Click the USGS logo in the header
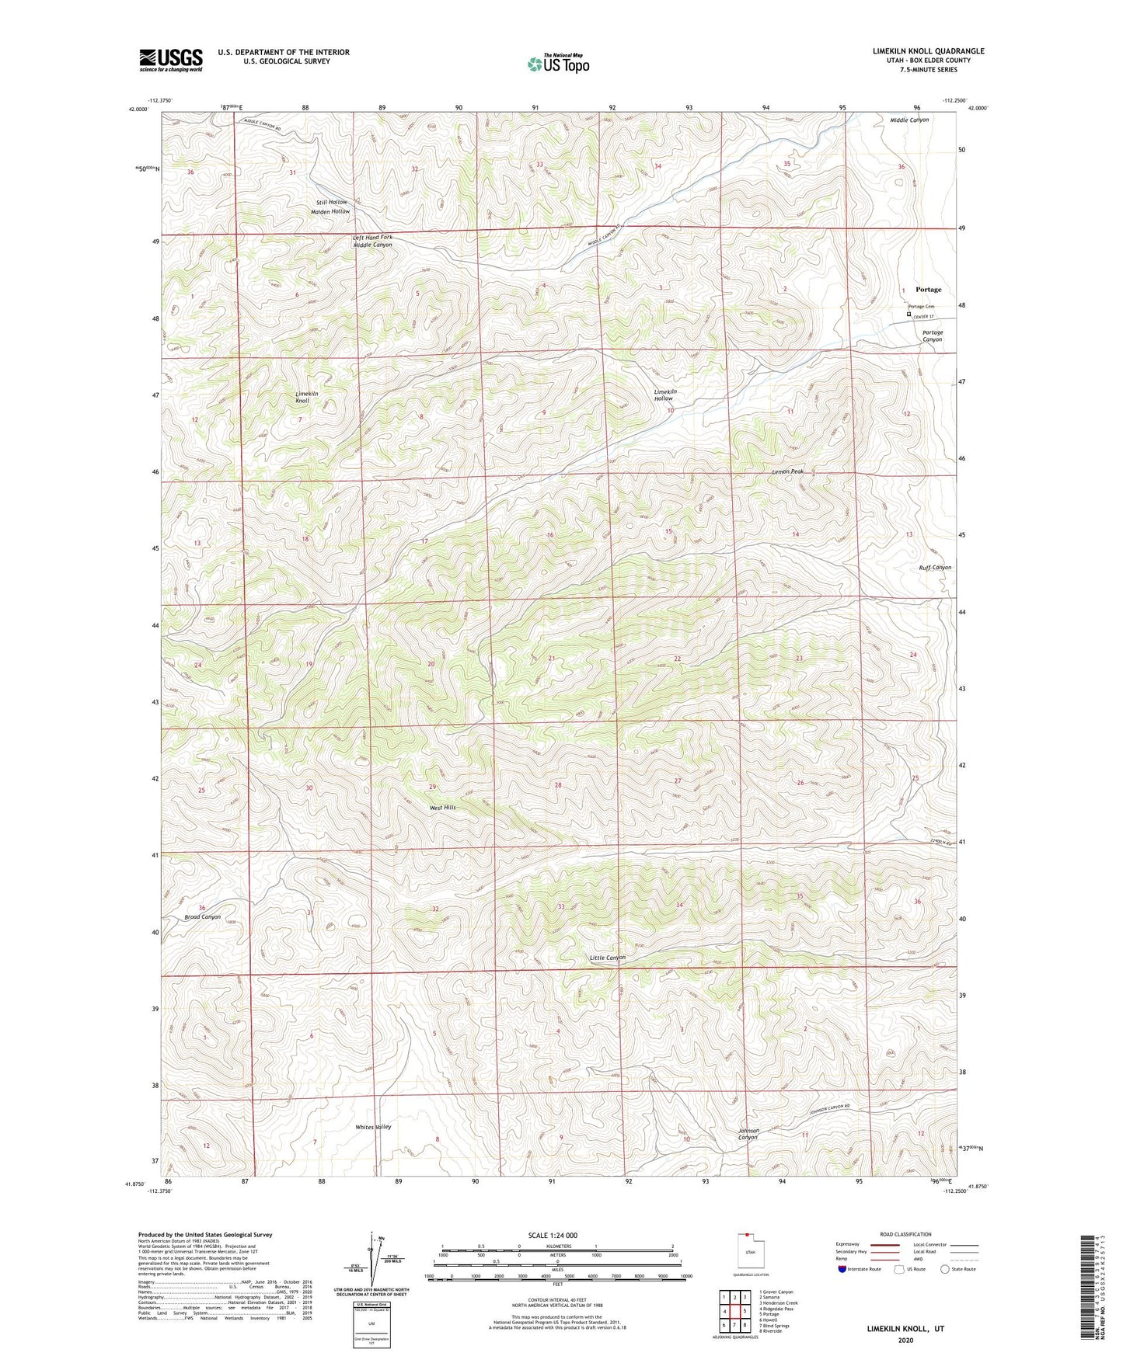[x=170, y=60]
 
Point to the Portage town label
[x=928, y=290]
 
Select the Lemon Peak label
[x=787, y=471]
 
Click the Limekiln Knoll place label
[x=306, y=397]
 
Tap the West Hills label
[x=442, y=808]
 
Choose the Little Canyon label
[x=607, y=958]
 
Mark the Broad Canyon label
[x=202, y=916]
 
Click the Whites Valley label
[x=373, y=1127]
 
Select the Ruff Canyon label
[x=935, y=567]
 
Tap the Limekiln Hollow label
[x=664, y=395]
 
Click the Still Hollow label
[x=332, y=202]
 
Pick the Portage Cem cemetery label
[x=921, y=307]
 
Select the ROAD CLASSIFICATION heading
[x=905, y=1234]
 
